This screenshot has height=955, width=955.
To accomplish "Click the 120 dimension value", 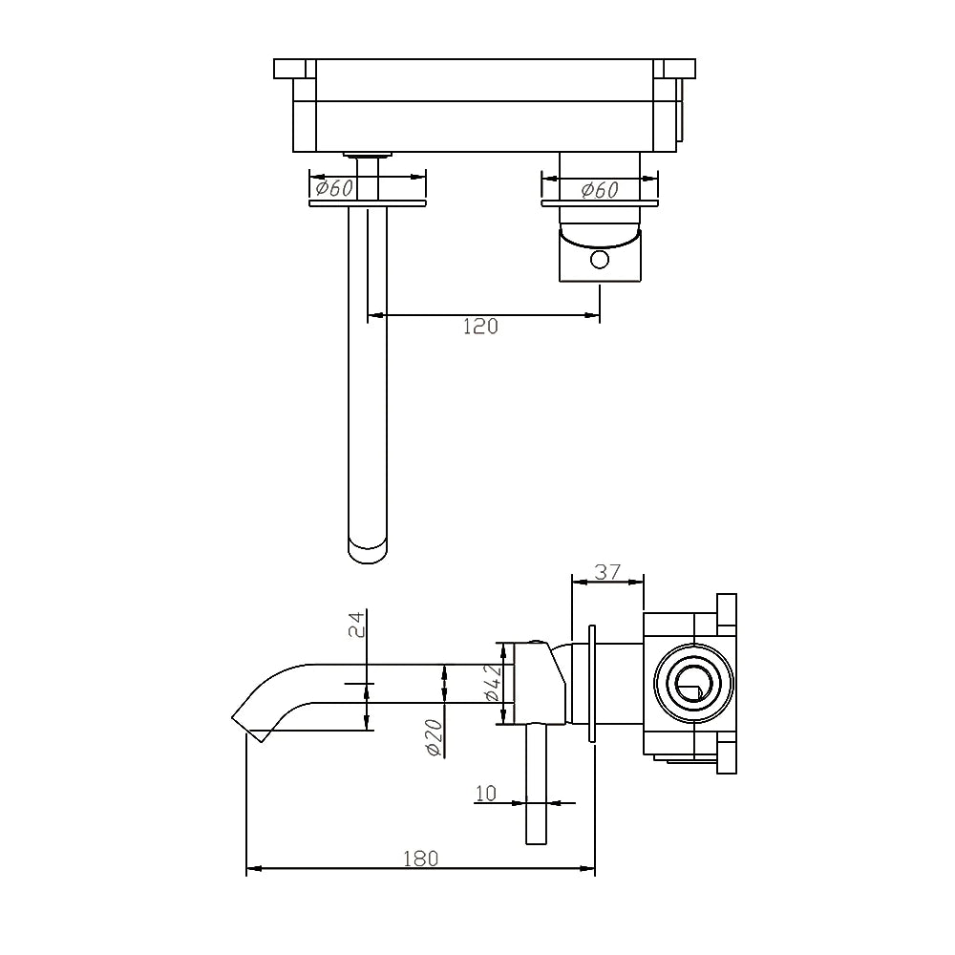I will [x=480, y=327].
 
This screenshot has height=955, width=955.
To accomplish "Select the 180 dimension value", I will [x=420, y=858].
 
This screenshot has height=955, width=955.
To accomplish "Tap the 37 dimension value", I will [x=607, y=572].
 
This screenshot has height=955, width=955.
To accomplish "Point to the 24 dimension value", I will [x=355, y=625].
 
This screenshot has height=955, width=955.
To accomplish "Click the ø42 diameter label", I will [x=492, y=684].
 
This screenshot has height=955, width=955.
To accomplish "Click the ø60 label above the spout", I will [x=335, y=188].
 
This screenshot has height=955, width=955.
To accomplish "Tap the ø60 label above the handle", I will [x=600, y=190].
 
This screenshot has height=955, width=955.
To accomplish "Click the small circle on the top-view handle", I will [x=599, y=259].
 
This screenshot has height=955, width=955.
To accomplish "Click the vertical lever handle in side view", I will [x=536, y=783].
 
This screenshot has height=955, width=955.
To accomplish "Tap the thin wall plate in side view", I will [x=593, y=684].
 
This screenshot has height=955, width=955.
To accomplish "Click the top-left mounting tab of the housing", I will [x=294, y=69].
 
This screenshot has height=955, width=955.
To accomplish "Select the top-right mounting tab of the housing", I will [x=676, y=69].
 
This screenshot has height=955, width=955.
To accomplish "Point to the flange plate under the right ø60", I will [x=600, y=203].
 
